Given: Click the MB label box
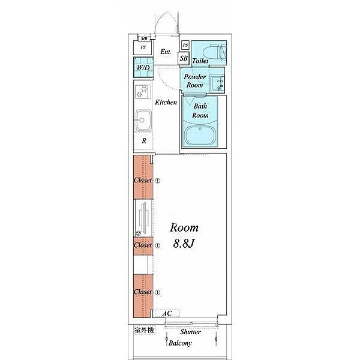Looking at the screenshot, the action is tap(144, 39).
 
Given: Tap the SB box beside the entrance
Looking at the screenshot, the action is tap(184, 58).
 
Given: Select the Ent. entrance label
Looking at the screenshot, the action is tap(166, 52).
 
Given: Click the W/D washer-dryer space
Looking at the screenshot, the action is tap(143, 67).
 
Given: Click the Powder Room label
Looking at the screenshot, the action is tap(194, 81).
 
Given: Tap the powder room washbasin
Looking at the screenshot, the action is tap(217, 84).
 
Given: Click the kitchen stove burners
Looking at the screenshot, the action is tap(143, 92).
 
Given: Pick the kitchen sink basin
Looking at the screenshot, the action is tap(143, 120).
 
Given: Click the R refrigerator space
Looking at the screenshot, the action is tap(144, 141).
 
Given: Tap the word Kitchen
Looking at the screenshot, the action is tap(166, 102).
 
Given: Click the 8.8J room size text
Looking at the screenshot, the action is tap(184, 244).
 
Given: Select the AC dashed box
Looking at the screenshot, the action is tap(167, 313).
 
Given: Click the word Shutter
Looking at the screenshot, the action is tap(190, 332).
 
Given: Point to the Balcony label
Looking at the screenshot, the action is tap(180, 343).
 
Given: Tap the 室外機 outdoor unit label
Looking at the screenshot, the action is tap(144, 331).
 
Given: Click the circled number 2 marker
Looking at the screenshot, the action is tap(139, 233).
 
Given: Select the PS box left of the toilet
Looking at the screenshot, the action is tap(185, 45).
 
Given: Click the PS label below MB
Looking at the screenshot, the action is tap(143, 47).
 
